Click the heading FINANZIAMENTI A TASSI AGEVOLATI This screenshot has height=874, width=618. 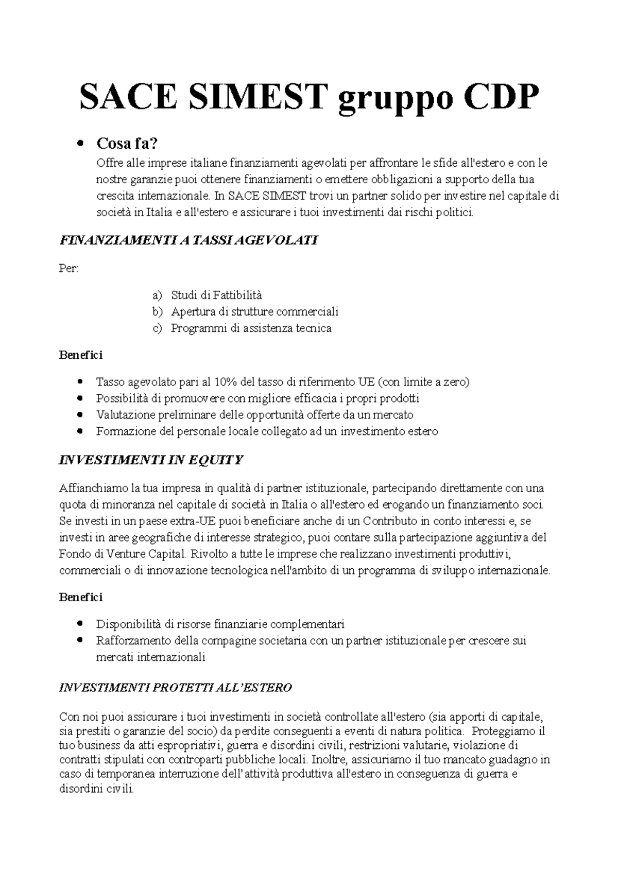point(189,240)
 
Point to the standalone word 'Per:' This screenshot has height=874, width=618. point(69,269)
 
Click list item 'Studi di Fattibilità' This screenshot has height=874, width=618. point(216,295)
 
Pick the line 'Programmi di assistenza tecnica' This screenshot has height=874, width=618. point(251,328)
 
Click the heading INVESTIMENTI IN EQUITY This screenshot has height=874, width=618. point(151,460)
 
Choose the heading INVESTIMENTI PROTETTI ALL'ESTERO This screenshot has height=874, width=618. point(176,688)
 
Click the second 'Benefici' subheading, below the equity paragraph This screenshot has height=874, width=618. point(81,598)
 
